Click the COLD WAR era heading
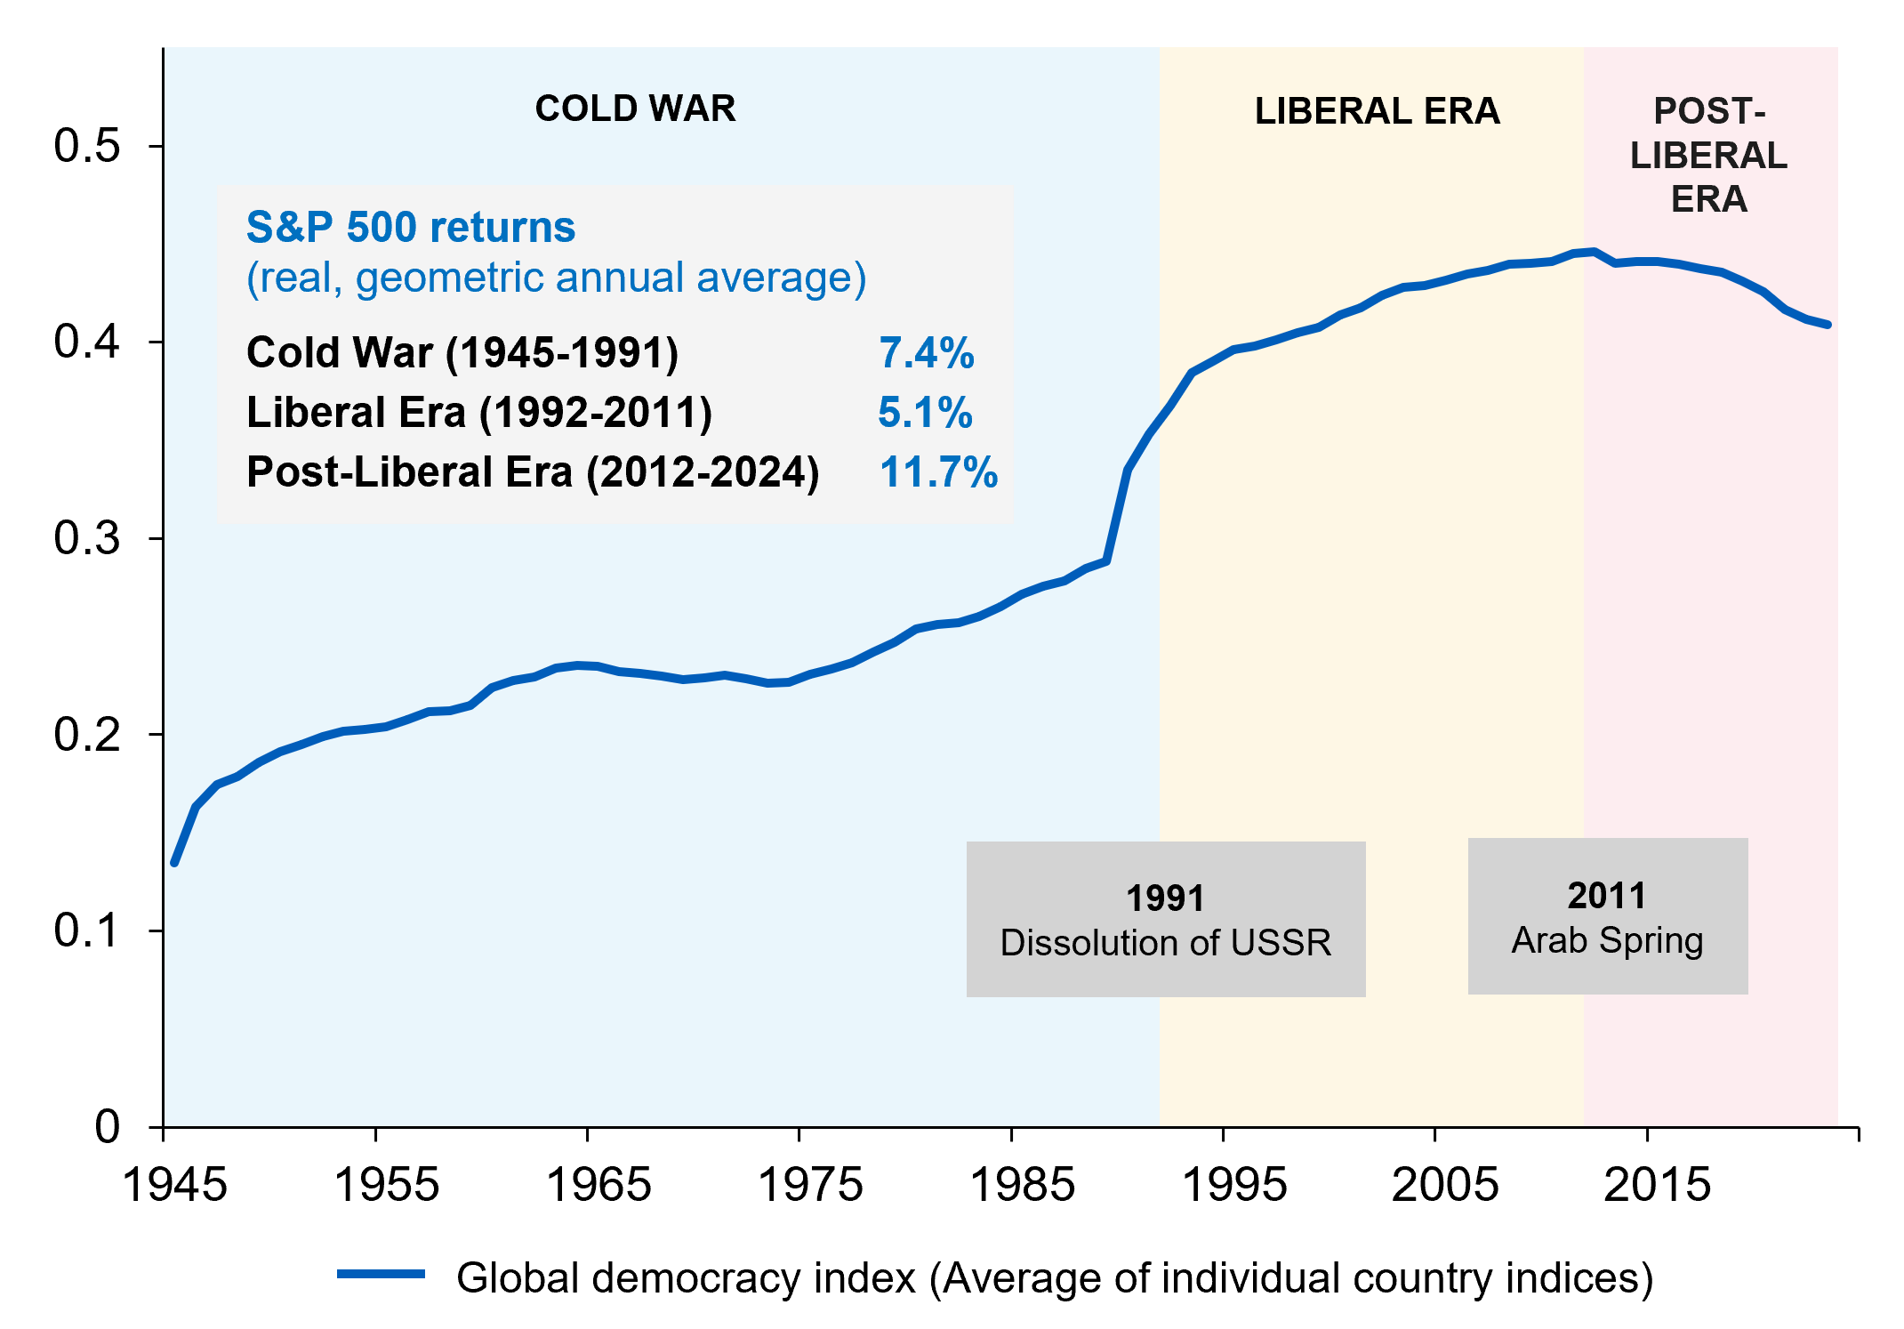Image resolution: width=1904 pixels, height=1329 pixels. click(x=635, y=109)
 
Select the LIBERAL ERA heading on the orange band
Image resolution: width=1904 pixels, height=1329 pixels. click(x=1377, y=111)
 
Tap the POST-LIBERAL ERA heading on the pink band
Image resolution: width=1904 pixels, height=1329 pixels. click(x=1708, y=155)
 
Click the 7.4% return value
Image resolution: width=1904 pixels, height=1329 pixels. click(x=927, y=353)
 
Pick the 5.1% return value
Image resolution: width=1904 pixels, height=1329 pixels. click(x=925, y=413)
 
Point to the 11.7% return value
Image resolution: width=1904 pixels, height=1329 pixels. click(x=938, y=472)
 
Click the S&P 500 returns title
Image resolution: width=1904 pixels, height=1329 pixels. click(x=411, y=227)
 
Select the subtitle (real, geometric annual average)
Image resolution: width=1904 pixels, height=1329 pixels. click(x=556, y=278)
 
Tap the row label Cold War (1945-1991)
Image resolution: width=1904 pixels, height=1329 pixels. click(x=462, y=353)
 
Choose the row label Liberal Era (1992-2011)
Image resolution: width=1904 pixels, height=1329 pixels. click(x=479, y=413)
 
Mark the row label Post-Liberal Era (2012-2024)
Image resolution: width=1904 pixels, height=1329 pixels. click(x=533, y=472)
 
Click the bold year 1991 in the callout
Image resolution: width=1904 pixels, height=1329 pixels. click(x=1165, y=898)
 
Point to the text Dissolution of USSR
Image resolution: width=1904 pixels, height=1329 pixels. click(x=1166, y=943)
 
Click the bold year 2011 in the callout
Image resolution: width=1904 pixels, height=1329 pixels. click(x=1607, y=896)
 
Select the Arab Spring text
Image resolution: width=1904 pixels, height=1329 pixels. click(x=1607, y=941)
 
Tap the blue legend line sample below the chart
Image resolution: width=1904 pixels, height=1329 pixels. click(x=381, y=1274)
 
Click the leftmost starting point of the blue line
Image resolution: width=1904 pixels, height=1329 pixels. click(x=175, y=863)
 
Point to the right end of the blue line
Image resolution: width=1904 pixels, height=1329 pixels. click(x=1828, y=325)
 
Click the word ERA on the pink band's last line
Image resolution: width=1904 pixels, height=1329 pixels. click(x=1708, y=199)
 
